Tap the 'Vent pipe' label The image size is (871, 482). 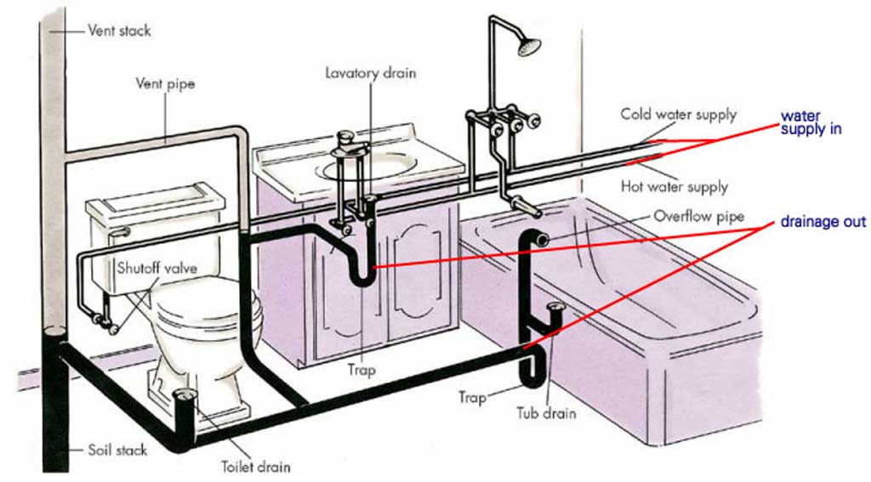point(165,84)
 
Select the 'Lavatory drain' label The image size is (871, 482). point(371,73)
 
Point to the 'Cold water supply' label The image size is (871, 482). point(678,114)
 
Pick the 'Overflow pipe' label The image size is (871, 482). point(697,217)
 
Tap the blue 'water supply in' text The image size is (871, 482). point(811,122)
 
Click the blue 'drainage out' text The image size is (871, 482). point(823,222)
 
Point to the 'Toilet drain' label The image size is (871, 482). point(255,467)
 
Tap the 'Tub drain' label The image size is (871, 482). point(546,414)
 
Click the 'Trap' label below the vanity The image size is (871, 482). point(361,371)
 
